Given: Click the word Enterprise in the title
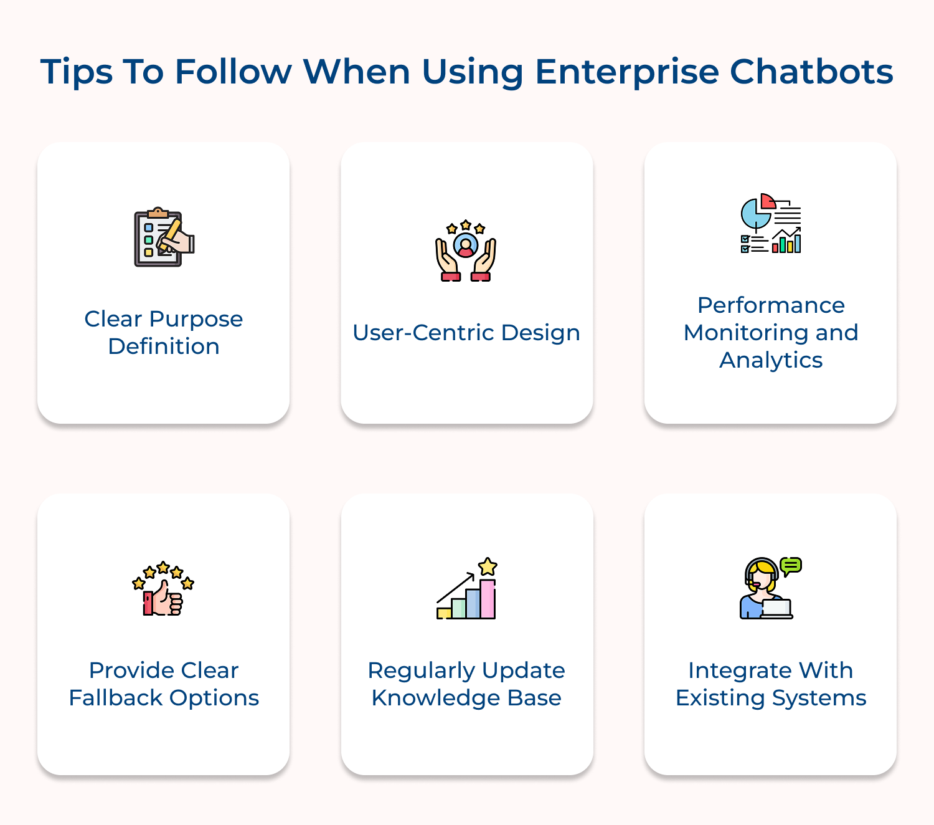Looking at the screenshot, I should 626,72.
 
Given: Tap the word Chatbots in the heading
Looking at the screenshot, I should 811,72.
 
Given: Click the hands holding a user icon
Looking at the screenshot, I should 466,251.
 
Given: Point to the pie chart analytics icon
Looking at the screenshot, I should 771,224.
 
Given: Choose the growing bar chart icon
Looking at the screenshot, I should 467,589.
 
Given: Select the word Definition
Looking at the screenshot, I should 164,346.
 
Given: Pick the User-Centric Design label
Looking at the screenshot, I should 466,333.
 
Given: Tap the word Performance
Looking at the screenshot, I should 771,305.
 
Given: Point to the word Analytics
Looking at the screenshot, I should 771,360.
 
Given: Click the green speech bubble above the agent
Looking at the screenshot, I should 791,565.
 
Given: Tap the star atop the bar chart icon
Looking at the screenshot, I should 488,566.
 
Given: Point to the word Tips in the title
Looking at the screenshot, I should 76,72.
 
